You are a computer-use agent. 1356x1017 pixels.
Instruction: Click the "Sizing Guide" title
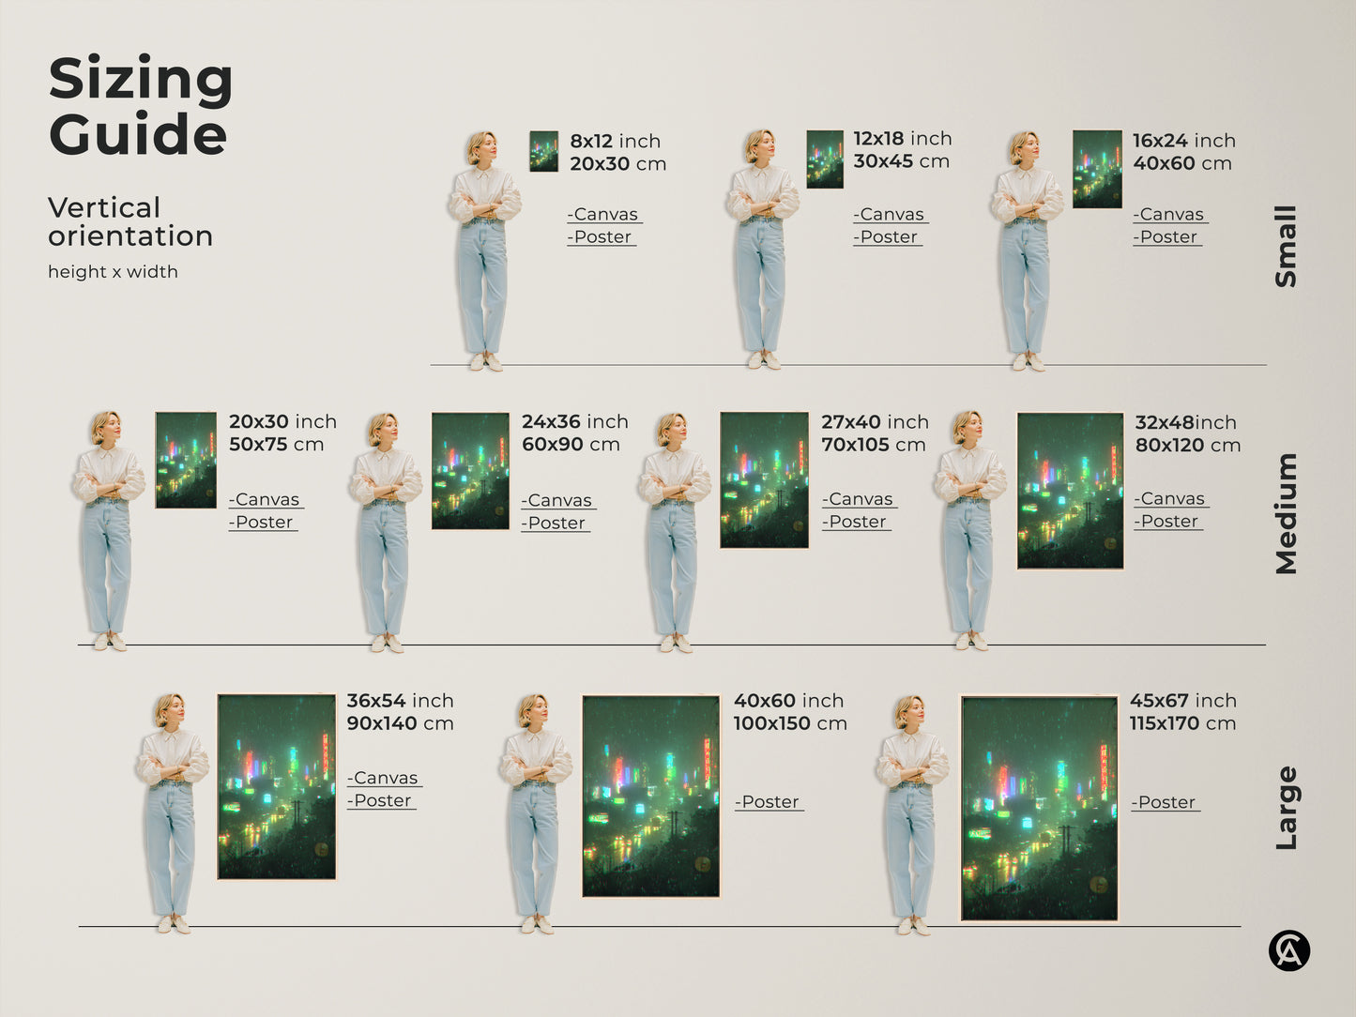tap(140, 105)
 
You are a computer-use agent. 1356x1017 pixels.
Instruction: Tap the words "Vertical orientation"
tap(130, 221)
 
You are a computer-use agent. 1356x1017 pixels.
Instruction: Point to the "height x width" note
tap(113, 272)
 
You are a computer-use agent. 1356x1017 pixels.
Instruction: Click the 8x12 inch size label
tap(615, 141)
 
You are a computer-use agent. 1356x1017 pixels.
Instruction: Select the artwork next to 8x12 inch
tap(543, 151)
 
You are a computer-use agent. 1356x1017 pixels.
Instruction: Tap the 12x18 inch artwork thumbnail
tap(824, 159)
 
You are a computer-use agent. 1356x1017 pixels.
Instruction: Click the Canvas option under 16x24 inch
tap(1169, 215)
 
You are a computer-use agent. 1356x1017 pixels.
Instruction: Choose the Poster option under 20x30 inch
tap(263, 523)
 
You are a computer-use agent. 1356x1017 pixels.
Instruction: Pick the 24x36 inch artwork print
tap(470, 471)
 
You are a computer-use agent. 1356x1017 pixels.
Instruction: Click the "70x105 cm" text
tap(873, 445)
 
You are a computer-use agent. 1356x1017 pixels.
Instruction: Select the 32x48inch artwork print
tap(1070, 491)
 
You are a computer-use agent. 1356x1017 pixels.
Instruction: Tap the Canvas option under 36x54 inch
tap(384, 779)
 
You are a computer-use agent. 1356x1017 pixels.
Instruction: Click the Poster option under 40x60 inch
tap(769, 802)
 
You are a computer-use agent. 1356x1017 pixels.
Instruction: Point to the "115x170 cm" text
tap(1182, 723)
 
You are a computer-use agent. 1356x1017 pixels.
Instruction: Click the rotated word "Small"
tap(1286, 246)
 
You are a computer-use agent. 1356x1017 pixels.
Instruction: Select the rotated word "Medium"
tap(1286, 513)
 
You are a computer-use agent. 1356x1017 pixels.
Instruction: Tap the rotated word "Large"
tap(1286, 808)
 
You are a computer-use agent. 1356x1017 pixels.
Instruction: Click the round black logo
tap(1289, 950)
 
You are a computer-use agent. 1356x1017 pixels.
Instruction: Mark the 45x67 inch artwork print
tap(1039, 808)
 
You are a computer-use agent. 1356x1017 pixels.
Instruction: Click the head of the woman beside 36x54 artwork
tap(170, 710)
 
